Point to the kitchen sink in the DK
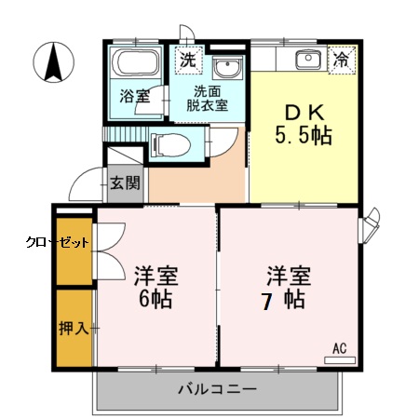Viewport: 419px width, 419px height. point(308,61)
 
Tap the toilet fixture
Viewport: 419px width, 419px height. point(169,145)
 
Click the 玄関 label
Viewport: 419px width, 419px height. point(123,182)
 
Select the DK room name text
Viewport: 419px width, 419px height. point(304,112)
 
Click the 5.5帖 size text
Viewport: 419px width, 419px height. point(304,134)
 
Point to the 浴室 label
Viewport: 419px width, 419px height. point(134,96)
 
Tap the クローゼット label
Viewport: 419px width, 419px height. point(57,242)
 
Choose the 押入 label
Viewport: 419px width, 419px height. point(73,328)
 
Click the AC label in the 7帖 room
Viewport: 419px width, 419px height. point(340,348)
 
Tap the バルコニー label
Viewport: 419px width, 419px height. point(217,390)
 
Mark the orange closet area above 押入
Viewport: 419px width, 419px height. point(74,251)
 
